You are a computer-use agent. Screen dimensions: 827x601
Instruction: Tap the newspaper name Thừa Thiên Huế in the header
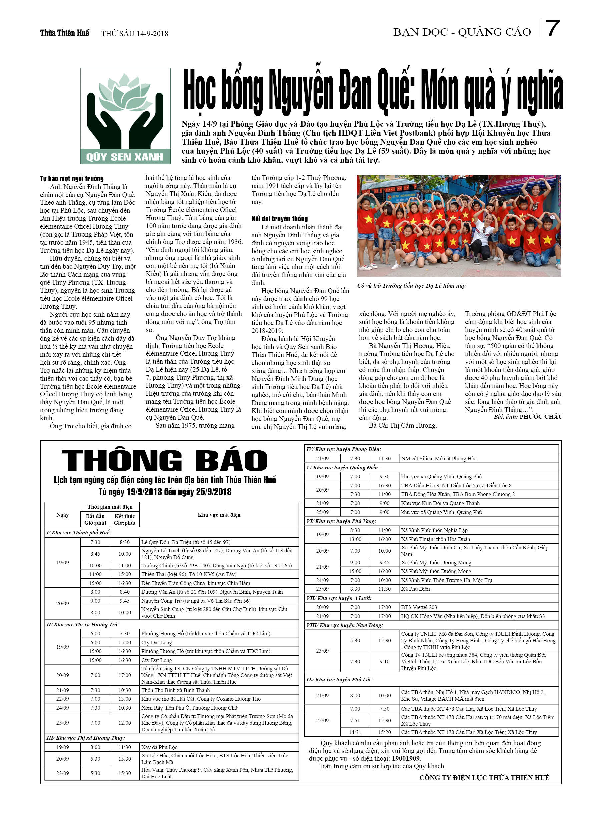[65, 33]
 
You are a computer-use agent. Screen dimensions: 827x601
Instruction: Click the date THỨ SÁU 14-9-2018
[135, 34]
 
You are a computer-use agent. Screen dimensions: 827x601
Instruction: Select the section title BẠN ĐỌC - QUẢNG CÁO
[462, 32]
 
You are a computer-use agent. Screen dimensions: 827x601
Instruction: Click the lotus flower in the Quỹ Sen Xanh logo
[125, 93]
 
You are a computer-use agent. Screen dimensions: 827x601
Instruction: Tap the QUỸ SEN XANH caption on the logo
[125, 157]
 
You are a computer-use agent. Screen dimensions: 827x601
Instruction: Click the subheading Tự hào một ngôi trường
[72, 178]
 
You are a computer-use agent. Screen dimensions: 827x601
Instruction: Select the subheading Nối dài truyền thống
[279, 219]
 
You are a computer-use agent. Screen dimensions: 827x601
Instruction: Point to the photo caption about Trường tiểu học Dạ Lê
[411, 286]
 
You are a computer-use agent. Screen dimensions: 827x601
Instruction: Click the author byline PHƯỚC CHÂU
[541, 417]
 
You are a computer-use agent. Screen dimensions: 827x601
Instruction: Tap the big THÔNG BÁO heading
[164, 461]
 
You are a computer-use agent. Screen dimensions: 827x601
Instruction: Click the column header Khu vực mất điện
[219, 515]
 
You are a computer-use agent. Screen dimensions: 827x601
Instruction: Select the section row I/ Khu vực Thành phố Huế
[79, 533]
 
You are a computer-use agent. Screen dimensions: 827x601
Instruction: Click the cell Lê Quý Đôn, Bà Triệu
[186, 542]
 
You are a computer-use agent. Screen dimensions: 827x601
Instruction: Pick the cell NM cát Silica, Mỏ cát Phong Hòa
[439, 459]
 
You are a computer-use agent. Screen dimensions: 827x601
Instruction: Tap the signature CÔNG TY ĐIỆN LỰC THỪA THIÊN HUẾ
[484, 777]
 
